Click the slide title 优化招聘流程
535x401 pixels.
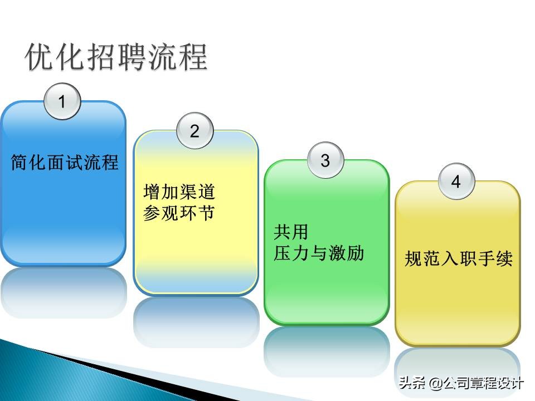pyautogui.click(x=117, y=57)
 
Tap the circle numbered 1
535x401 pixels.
pyautogui.click(x=62, y=101)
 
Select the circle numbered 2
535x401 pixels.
pyautogui.click(x=194, y=131)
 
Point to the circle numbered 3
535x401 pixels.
pyautogui.click(x=325, y=161)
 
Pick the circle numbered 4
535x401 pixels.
pyautogui.click(x=456, y=182)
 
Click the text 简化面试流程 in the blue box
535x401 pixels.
pyautogui.click(x=65, y=163)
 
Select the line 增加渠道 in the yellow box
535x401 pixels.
pyautogui.click(x=179, y=193)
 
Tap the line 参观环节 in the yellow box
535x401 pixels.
pyautogui.click(x=179, y=213)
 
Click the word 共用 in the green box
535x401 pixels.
pyautogui.click(x=291, y=232)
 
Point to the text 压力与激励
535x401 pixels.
pyautogui.click(x=319, y=253)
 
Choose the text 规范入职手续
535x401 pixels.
pyautogui.click(x=458, y=259)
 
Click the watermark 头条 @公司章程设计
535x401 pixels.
pyautogui.click(x=460, y=384)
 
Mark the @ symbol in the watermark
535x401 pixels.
pyautogui.click(x=435, y=384)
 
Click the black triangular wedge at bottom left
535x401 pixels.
pyautogui.click(x=84, y=370)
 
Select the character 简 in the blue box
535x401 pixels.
pyautogui.click(x=20, y=163)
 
